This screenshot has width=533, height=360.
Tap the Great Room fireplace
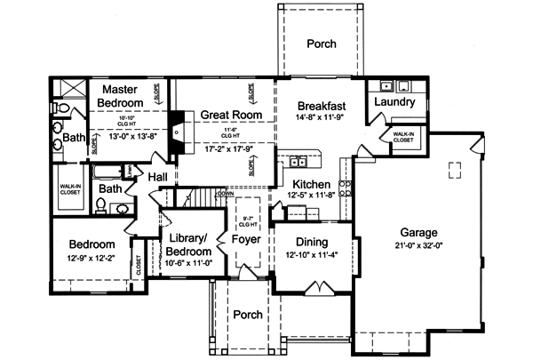(x=178, y=127)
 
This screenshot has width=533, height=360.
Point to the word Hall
(x=158, y=178)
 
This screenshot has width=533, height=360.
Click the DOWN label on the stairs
(x=226, y=193)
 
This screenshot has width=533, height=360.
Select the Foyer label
(x=245, y=239)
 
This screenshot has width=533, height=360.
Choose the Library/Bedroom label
(x=187, y=245)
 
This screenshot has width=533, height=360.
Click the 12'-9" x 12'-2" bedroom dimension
(x=91, y=259)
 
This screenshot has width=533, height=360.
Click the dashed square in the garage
(x=455, y=170)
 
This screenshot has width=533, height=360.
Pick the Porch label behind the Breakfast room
(x=321, y=44)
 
